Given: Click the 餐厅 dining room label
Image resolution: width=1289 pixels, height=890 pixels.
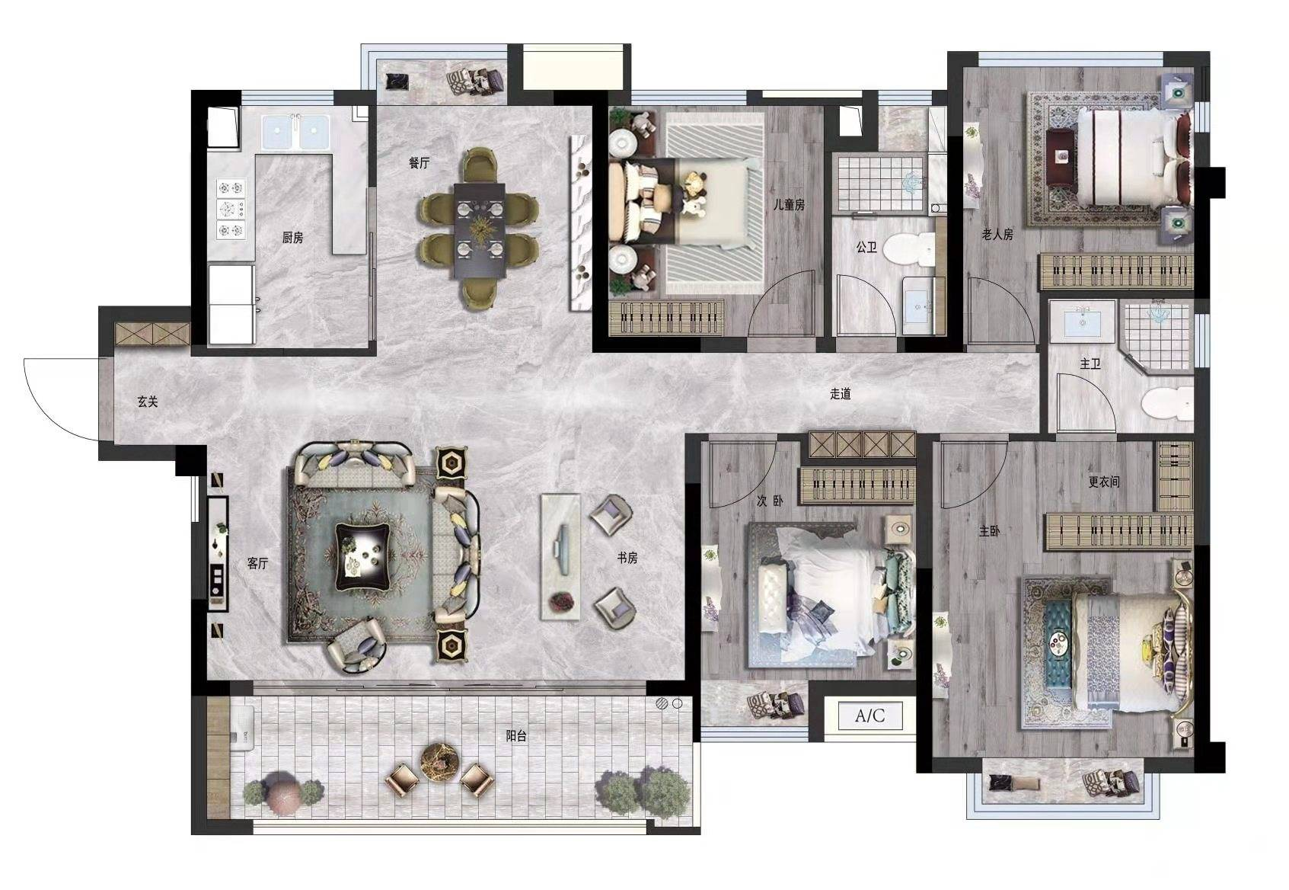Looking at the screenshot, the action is [419, 163].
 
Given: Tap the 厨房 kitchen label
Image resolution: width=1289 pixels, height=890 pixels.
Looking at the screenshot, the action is [292, 237].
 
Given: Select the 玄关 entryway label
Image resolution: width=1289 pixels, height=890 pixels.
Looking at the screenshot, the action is [148, 402].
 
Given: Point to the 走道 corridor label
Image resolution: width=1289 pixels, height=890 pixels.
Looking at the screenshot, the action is [840, 394].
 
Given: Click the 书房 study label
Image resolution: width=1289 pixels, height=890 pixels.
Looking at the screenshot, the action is [627, 558].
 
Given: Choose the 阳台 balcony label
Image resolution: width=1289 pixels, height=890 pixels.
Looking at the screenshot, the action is [516, 735].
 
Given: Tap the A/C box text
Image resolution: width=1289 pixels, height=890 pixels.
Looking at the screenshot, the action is [869, 716].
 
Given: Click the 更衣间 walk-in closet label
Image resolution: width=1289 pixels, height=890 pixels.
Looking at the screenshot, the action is [1104, 482].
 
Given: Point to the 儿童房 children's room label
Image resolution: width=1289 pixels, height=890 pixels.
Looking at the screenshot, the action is [789, 204].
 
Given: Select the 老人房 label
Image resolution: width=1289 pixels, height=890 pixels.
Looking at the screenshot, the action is [997, 235].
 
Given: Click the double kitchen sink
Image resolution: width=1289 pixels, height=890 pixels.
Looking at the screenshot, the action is [296, 133].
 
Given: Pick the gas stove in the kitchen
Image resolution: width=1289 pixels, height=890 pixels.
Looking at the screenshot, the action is [231, 210].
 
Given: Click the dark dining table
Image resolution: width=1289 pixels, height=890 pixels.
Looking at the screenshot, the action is [480, 230].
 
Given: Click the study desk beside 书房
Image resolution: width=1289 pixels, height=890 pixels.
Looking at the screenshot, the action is [560, 556].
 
